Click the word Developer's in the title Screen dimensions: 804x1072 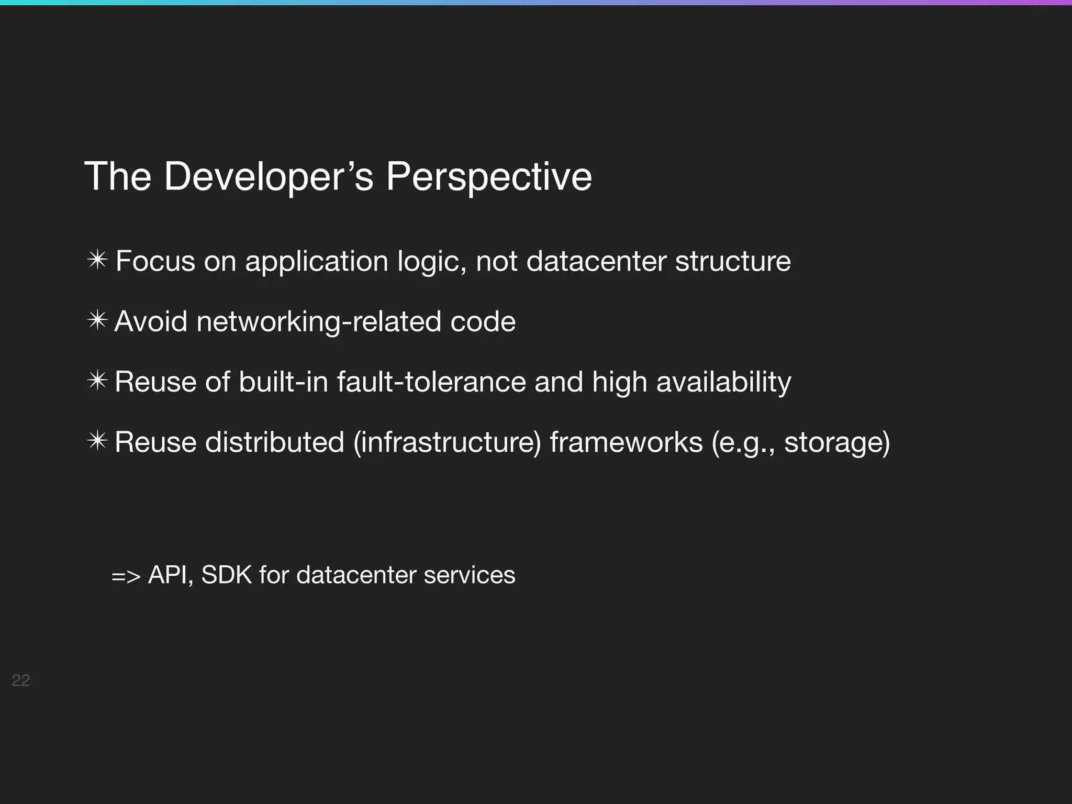[x=269, y=176]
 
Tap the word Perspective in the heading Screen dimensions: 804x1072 [x=488, y=176]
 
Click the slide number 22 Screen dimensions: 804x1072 [x=20, y=680]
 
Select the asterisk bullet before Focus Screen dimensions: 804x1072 [x=97, y=260]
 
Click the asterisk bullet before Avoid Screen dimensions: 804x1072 [x=97, y=320]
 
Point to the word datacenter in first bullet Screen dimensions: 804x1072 [x=596, y=261]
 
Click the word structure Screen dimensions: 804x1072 [x=733, y=261]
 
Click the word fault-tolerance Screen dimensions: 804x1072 [x=431, y=382]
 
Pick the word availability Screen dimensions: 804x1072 [x=723, y=382]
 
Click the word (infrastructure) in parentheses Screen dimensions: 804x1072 [x=447, y=442]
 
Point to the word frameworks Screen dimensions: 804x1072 [x=626, y=442]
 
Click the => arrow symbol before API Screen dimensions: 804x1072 [x=126, y=576]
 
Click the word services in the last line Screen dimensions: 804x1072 [x=469, y=575]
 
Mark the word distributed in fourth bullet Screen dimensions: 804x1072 [x=274, y=442]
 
